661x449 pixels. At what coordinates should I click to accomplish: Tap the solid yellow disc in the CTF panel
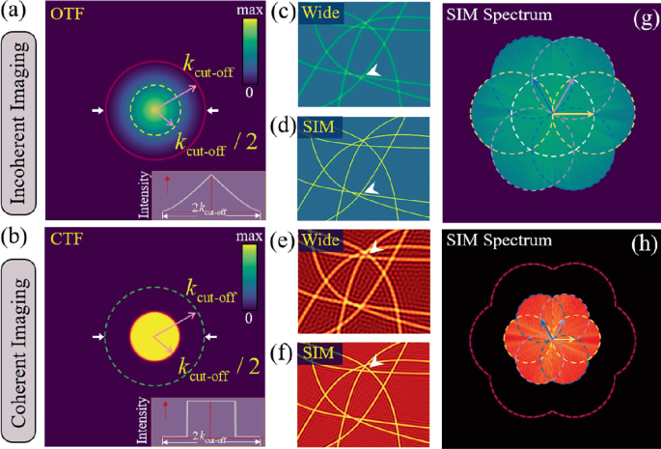point(155,337)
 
